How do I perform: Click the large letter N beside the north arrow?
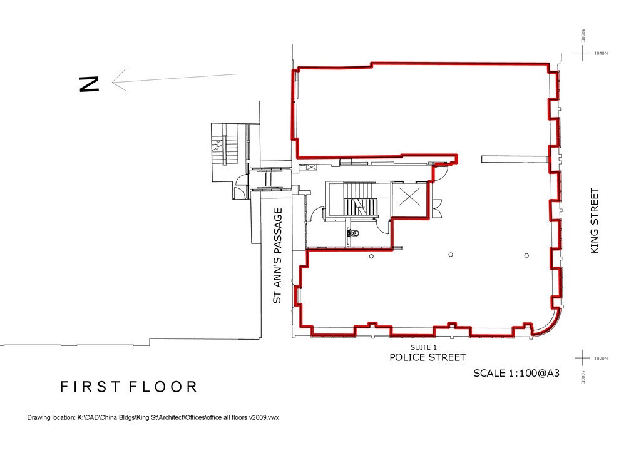[x=89, y=84]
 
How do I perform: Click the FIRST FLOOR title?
[x=129, y=387]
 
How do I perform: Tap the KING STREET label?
[x=595, y=221]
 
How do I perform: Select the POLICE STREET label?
[x=428, y=358]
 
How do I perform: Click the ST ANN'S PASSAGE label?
[x=278, y=256]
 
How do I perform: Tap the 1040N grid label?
[x=600, y=53]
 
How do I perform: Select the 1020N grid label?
[x=600, y=359]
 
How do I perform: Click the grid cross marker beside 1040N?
[x=583, y=53]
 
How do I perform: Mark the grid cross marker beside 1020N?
[x=583, y=359]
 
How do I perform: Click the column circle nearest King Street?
[x=526, y=255]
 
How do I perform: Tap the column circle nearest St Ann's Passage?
[x=371, y=256]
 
